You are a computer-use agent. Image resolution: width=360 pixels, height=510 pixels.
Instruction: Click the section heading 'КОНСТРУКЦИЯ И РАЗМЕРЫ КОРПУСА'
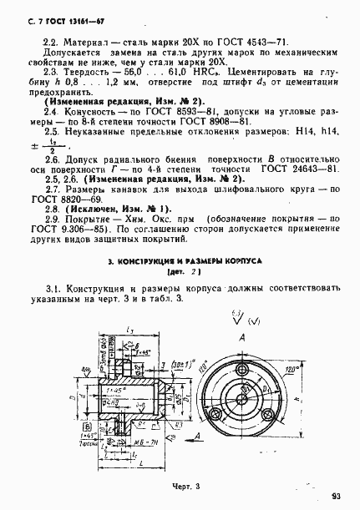pos(185,260)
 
